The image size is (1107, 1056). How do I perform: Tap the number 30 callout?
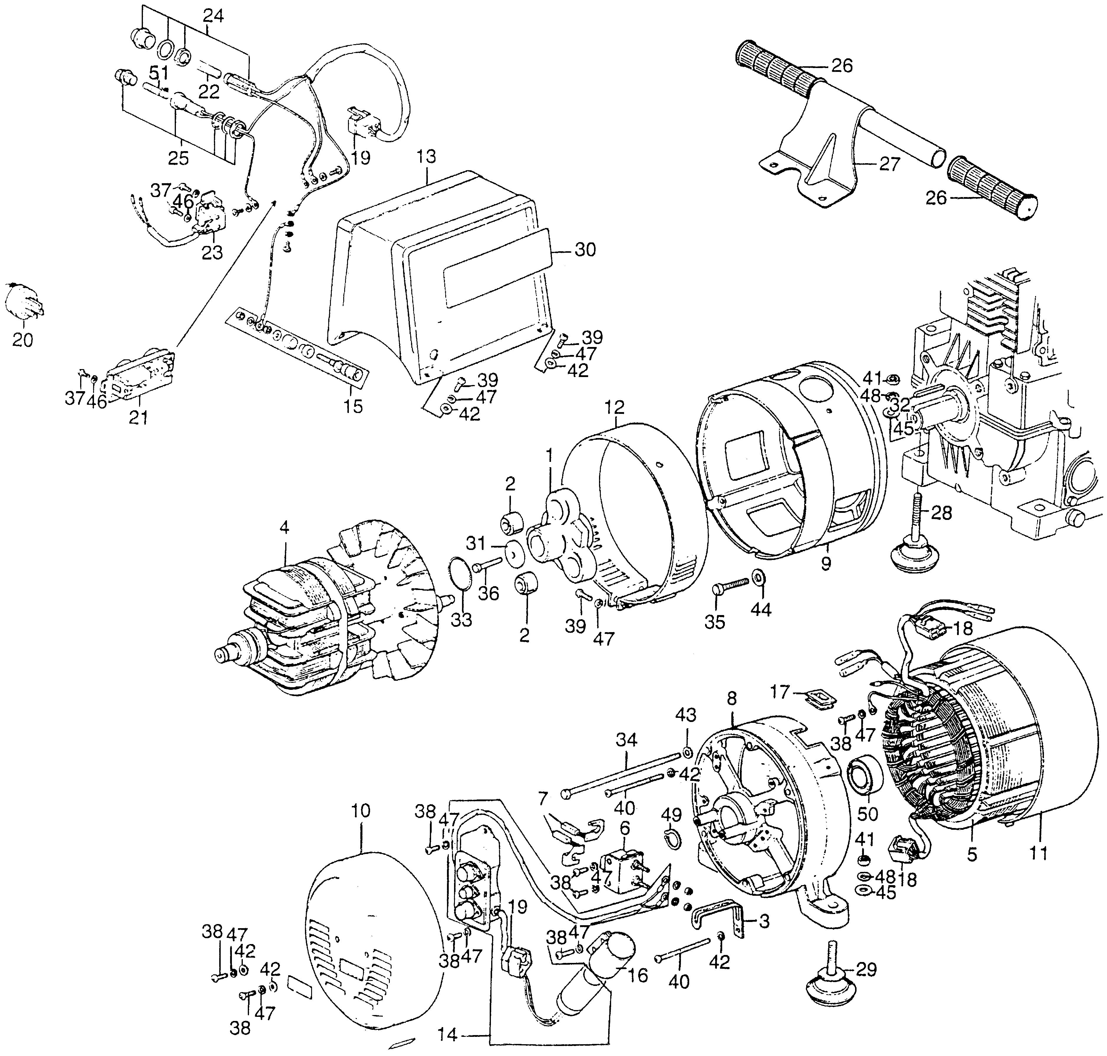tap(585, 249)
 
